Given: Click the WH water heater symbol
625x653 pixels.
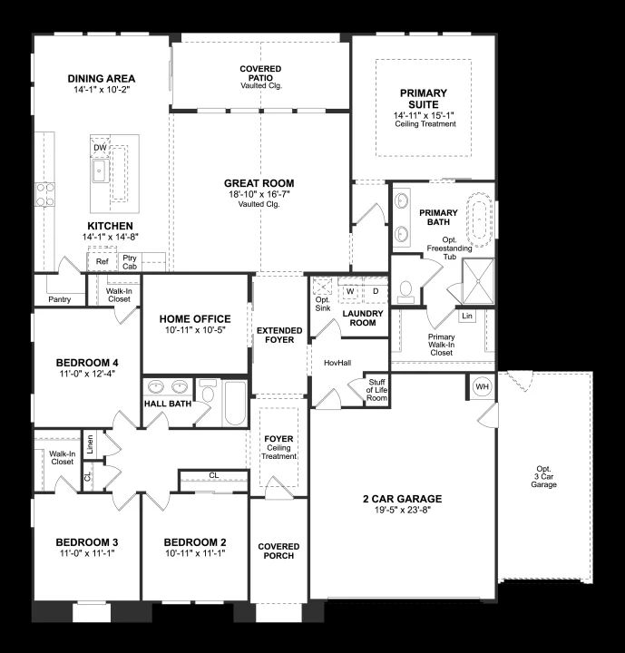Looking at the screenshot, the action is [x=482, y=386].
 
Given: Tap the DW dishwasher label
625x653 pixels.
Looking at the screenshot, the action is [x=100, y=148].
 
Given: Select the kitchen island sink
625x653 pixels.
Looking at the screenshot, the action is [x=101, y=171].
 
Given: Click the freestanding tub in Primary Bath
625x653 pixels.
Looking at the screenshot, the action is [x=480, y=219].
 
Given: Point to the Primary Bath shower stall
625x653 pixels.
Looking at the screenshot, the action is [x=478, y=281].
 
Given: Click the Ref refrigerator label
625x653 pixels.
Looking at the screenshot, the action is [x=103, y=261].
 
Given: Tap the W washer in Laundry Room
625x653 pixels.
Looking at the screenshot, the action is [x=350, y=291].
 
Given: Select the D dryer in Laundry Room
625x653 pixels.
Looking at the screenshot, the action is [x=376, y=291].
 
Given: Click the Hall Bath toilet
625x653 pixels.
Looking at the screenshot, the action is [x=208, y=392].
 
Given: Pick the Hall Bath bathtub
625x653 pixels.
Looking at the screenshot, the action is [x=236, y=403].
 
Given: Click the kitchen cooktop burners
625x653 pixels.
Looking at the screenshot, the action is [x=45, y=194].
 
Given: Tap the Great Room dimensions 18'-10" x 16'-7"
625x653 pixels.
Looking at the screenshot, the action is [x=259, y=194].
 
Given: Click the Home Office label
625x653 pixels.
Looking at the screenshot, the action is [x=195, y=319].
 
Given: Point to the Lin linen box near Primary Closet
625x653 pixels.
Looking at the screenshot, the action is [x=467, y=316].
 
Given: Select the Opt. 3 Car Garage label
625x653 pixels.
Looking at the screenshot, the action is [x=543, y=476].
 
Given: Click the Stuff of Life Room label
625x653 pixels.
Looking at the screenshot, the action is [x=376, y=390].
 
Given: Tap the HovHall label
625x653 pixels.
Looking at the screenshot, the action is [x=337, y=363].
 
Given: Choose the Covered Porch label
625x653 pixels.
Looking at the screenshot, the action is [x=278, y=551].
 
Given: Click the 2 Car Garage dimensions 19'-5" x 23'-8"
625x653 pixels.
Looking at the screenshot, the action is [x=402, y=510].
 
